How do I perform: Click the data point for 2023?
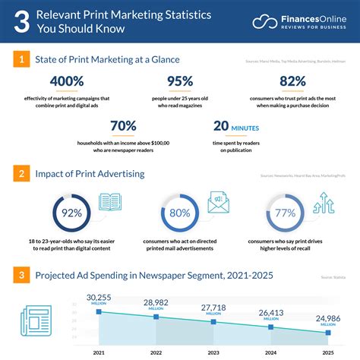click(x=214, y=322)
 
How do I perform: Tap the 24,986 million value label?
click(x=327, y=318)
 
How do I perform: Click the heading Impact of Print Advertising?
click(x=90, y=174)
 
